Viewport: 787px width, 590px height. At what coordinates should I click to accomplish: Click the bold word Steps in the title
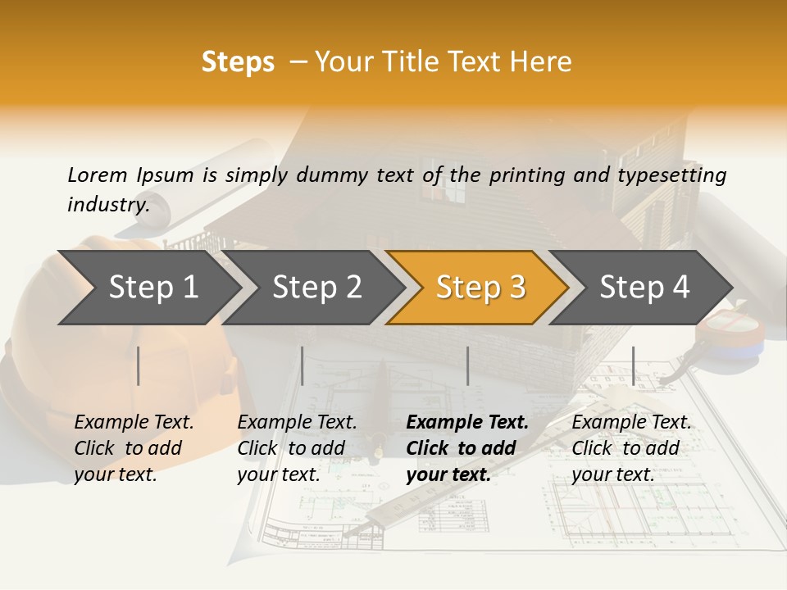click(238, 62)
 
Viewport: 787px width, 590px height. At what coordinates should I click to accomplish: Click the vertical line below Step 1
click(139, 365)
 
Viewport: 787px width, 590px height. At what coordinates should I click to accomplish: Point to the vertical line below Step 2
click(303, 365)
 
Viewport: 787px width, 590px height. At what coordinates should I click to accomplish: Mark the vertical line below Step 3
click(468, 365)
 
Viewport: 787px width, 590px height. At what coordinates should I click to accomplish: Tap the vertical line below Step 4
click(633, 365)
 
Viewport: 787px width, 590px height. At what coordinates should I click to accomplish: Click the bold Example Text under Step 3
click(467, 423)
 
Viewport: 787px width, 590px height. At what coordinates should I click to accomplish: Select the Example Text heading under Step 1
click(134, 423)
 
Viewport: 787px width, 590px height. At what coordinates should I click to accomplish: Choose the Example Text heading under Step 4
click(631, 423)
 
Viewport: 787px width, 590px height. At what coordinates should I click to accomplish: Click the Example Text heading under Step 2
click(297, 423)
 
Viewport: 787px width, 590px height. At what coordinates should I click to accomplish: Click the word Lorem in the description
click(97, 175)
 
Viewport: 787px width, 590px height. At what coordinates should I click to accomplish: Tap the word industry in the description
click(107, 204)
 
